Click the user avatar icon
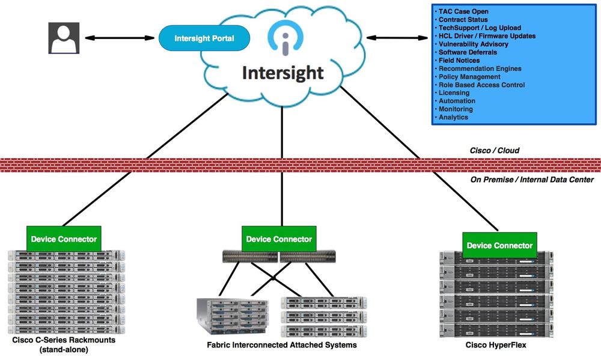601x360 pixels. [x=63, y=38]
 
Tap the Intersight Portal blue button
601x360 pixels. [x=204, y=38]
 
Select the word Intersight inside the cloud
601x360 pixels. [x=282, y=73]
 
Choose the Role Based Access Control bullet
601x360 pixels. [x=481, y=85]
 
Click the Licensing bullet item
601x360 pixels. [x=454, y=93]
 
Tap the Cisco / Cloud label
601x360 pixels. [x=495, y=150]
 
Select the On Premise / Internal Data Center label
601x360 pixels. [x=532, y=179]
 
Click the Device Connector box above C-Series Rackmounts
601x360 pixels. [x=64, y=239]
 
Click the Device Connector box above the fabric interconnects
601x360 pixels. [x=279, y=239]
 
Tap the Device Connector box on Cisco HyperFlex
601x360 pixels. [x=499, y=245]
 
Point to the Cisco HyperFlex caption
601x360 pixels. [x=499, y=345]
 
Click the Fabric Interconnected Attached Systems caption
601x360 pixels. [x=281, y=345]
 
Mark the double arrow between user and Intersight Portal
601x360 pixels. [x=119, y=38]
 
